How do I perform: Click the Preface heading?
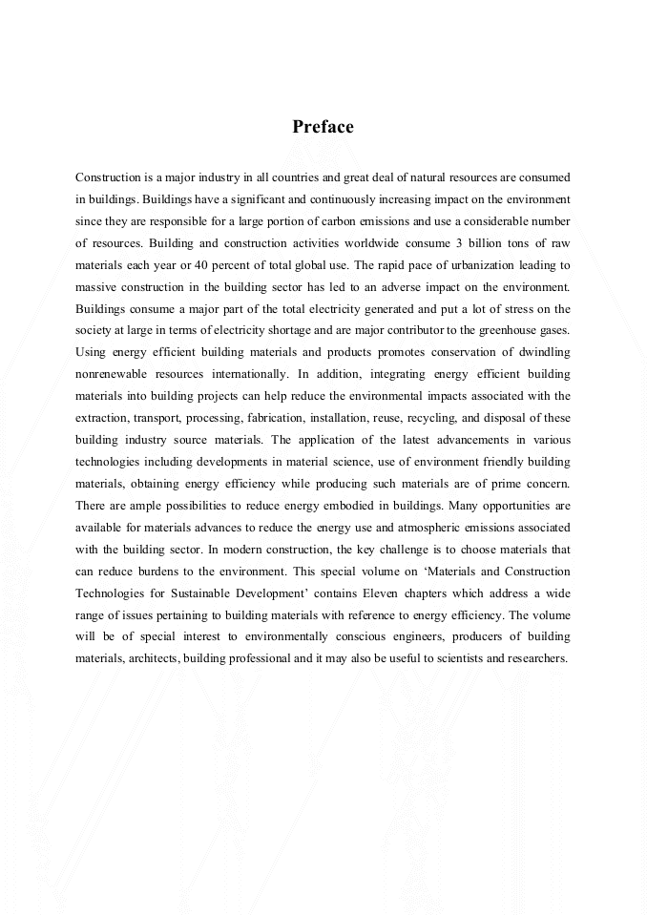tap(323, 127)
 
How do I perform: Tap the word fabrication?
tap(278, 417)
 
